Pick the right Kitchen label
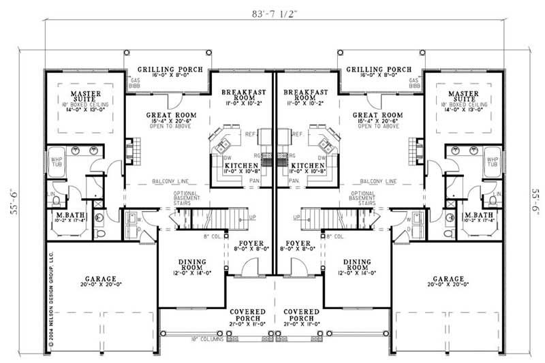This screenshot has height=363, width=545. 307,166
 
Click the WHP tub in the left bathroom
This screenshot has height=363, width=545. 57,161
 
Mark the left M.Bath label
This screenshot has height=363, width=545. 70,217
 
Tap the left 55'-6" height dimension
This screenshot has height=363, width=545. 11,202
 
